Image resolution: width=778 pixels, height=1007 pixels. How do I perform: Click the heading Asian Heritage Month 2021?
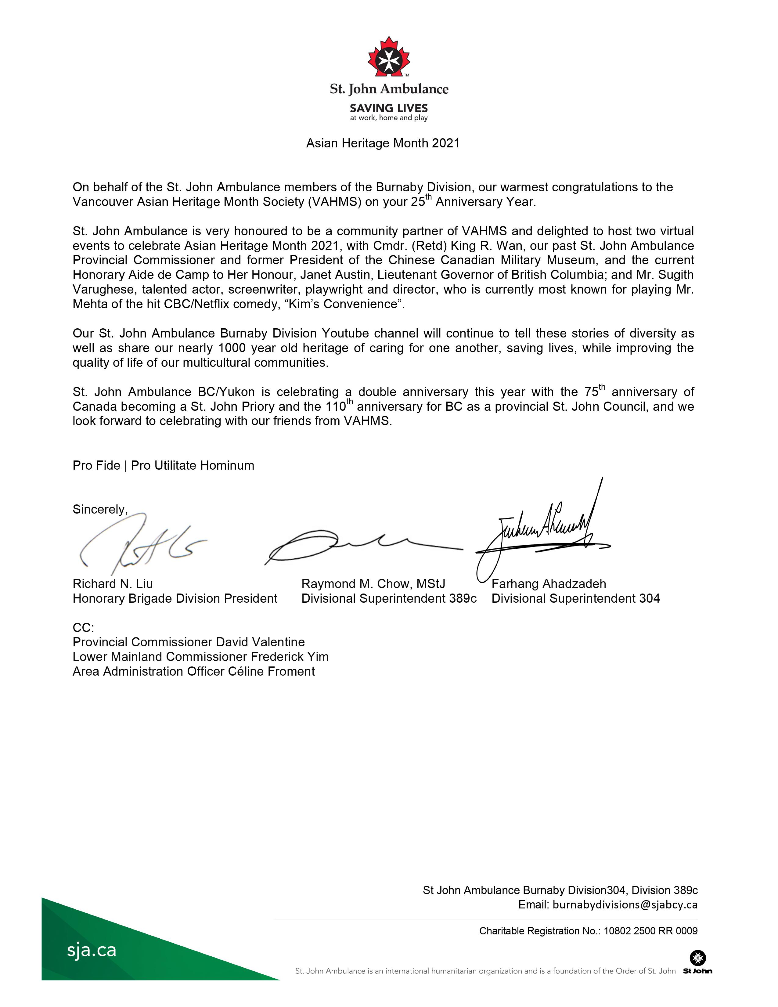coord(383,143)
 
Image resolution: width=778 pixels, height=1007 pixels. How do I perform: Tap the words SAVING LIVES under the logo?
coord(388,108)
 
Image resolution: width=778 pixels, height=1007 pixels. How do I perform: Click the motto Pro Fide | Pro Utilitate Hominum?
coord(163,465)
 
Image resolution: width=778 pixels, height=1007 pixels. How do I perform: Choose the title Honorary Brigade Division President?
coord(175,598)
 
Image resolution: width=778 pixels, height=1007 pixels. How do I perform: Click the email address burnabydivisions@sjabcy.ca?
coord(625,905)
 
